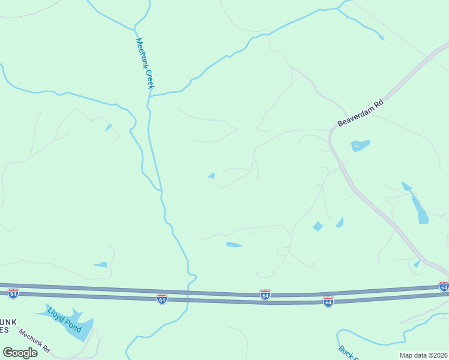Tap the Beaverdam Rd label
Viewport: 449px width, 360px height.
pos(360,113)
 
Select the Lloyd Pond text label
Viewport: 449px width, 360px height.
pos(64,322)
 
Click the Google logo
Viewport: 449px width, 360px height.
pos(20,352)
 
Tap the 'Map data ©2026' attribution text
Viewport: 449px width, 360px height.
pos(423,355)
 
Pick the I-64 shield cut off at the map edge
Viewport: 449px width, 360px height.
pos(444,286)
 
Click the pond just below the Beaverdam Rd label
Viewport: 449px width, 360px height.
pos(360,145)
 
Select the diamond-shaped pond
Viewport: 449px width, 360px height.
pos(318,226)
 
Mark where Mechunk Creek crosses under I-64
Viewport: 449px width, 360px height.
pos(188,293)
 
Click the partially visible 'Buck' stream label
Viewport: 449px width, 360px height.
pos(346,353)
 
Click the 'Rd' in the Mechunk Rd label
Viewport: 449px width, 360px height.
pos(46,349)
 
